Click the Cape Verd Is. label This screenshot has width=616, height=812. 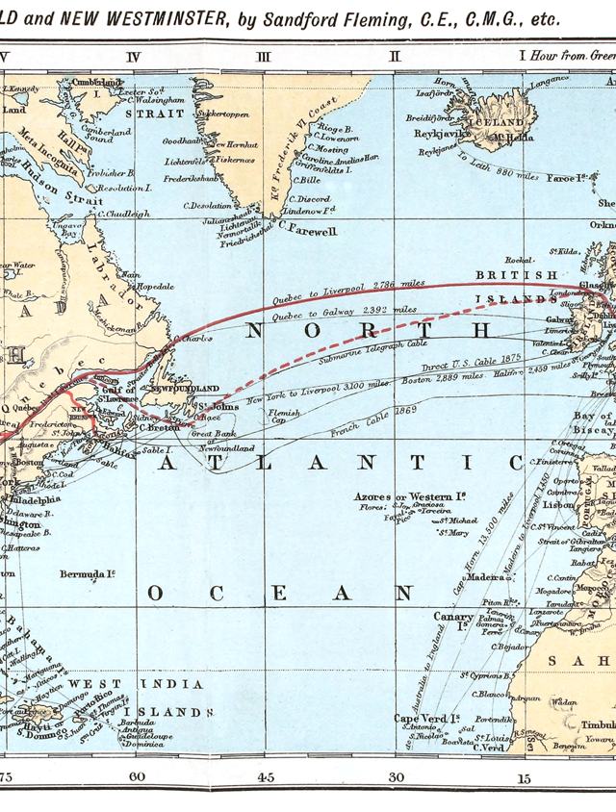tap(426, 718)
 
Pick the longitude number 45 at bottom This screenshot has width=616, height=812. tap(265, 776)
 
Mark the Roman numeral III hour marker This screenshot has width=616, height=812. tap(264, 57)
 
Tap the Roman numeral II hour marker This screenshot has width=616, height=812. tap(394, 57)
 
